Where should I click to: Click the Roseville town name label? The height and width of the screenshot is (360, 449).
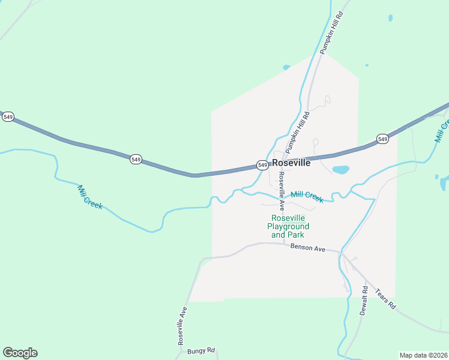click(291, 163)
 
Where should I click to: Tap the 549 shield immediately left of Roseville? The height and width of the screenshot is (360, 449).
click(262, 165)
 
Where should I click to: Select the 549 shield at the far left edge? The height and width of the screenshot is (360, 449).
click(8, 117)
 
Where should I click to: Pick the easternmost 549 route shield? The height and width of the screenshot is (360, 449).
click(382, 139)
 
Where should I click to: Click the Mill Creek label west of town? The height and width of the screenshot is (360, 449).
click(90, 197)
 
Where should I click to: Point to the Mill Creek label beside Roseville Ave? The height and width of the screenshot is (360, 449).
click(307, 196)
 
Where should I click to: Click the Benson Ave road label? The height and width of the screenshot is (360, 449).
click(307, 247)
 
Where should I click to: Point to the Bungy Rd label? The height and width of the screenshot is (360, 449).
click(200, 350)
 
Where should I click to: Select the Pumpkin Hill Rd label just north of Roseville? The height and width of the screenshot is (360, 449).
click(297, 131)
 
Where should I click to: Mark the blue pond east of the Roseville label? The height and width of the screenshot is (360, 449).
click(341, 170)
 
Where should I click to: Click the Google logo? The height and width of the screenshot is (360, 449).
click(20, 353)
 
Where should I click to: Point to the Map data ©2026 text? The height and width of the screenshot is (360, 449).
click(423, 355)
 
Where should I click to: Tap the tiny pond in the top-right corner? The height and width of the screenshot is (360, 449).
click(390, 18)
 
